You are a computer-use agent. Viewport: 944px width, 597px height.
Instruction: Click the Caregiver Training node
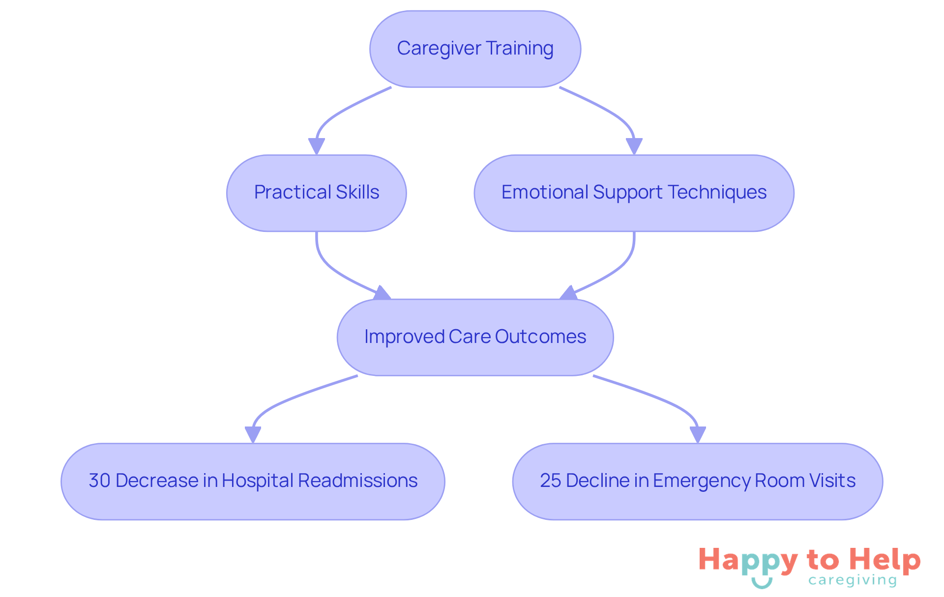[x=475, y=49]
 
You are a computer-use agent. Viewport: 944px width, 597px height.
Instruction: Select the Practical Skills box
[x=316, y=193]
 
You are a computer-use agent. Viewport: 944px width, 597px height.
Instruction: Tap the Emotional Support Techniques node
[x=634, y=193]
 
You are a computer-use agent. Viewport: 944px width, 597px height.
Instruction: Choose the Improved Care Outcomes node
[x=475, y=337]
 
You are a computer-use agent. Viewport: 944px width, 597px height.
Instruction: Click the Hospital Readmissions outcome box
[x=253, y=482]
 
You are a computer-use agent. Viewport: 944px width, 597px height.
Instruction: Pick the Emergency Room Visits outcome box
[x=697, y=482]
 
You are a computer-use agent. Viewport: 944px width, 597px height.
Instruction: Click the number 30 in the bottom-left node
[x=99, y=481]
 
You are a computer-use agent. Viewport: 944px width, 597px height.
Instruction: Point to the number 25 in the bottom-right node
[x=550, y=481]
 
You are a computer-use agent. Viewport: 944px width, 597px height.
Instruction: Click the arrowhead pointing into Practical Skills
[x=316, y=146]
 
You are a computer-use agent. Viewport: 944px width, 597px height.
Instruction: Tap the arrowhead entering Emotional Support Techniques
[x=634, y=146]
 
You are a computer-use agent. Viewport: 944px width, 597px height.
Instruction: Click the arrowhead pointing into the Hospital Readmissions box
[x=253, y=434]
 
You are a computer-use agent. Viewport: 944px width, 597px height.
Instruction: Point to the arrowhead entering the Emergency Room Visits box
[x=698, y=434]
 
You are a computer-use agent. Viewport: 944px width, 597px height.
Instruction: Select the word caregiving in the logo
[x=852, y=581]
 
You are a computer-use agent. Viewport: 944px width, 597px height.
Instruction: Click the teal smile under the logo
[x=762, y=583]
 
